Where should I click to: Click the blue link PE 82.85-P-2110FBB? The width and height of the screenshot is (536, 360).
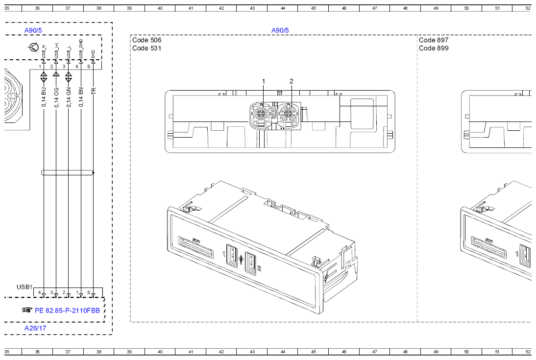coord(67,311)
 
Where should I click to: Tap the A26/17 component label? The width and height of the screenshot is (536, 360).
coord(35,328)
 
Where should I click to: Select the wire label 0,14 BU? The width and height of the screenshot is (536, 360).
coord(44,97)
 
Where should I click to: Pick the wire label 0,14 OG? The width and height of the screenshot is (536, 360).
coord(56,97)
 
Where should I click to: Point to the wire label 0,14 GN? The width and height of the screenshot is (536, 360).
coord(69,97)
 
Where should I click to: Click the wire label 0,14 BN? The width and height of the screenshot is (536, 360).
coord(81,97)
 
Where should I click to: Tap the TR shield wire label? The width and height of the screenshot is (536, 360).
coord(94,91)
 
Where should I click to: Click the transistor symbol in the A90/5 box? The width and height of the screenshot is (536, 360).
coord(33,47)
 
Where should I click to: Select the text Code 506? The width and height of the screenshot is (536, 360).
coord(146,40)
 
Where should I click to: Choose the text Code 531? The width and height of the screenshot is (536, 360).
coord(146,48)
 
